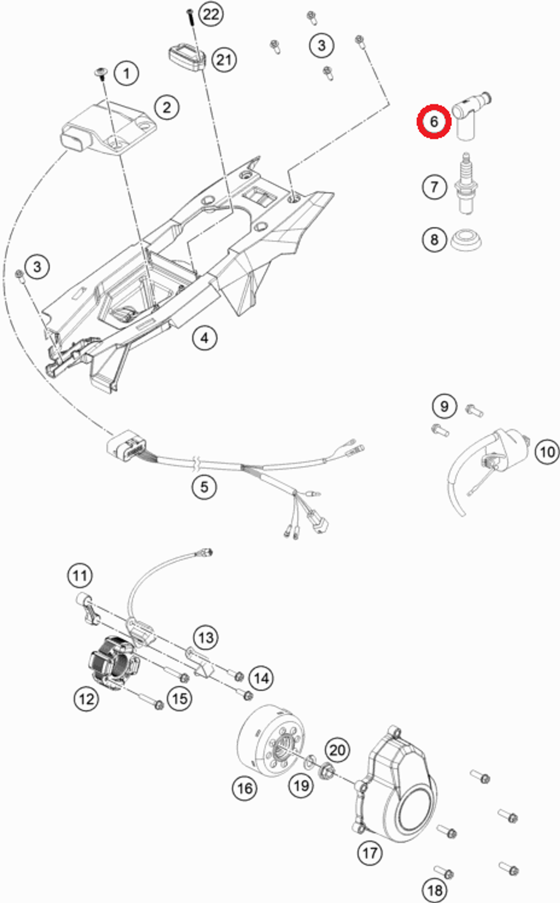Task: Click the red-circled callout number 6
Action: click(434, 121)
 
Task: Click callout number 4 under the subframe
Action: click(204, 338)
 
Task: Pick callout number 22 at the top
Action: click(211, 13)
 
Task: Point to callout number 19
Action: click(301, 785)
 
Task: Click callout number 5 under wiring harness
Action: click(204, 486)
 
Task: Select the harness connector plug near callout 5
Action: click(126, 445)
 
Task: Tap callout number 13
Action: click(206, 637)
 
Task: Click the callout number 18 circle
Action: click(434, 889)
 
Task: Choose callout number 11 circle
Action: click(80, 575)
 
